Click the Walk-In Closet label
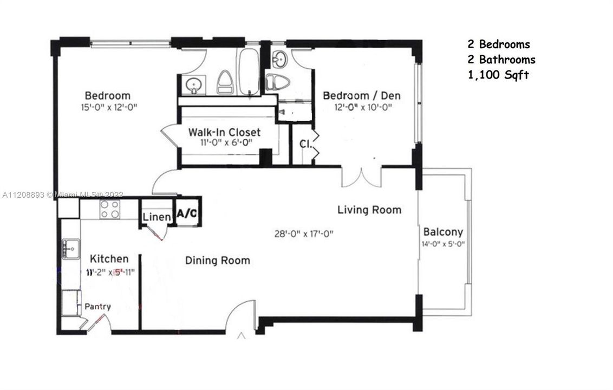pos(224,132)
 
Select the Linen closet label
pos(158,217)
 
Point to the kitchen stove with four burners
pos(110,209)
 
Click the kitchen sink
pos(70,249)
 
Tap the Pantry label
pos(97,307)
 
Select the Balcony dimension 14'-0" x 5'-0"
pos(443,244)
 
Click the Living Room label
pos(369,210)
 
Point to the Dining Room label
pos(218,261)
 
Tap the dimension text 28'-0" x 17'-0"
pos(303,234)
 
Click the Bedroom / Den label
pos(362,96)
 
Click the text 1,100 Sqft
pos(498,75)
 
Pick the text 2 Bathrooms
pos(501,60)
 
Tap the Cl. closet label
pos(305,144)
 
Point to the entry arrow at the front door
pos(242,337)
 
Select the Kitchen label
pos(109,259)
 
